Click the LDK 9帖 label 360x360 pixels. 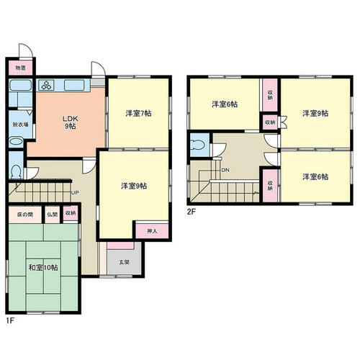pos(71,122)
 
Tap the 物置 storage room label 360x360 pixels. pos(20,68)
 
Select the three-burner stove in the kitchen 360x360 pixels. pos(46,85)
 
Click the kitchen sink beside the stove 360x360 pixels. pos(74,86)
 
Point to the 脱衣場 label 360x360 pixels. pos(20,125)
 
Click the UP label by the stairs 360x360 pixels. pos(75,193)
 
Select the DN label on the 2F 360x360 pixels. pos(225,170)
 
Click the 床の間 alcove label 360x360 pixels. pos(25,215)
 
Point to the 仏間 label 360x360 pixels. pos(53,215)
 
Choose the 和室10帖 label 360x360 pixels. pos(43,267)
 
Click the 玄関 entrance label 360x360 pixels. pos(125,262)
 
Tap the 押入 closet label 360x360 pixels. pos(152,231)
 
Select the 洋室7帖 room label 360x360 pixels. pos(138,113)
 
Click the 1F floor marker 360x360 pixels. pos(10,321)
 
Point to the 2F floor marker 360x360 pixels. pos(192,212)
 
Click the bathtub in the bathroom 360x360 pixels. pos(21,86)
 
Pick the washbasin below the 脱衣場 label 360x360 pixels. pos(16,141)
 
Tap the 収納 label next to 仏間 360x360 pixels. pos(71,213)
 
